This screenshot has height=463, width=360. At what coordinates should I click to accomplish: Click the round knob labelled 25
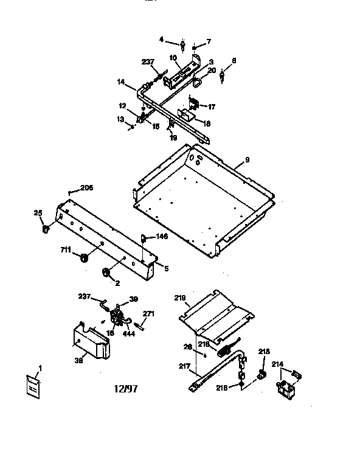pos(46,230)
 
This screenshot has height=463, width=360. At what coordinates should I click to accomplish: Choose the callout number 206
pos(86,189)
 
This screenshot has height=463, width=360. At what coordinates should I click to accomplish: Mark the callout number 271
pos(148,314)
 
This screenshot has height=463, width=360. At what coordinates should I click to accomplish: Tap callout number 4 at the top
pos(162,40)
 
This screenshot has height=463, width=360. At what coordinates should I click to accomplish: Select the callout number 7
pos(208,41)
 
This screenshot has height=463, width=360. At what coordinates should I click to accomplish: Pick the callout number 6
pos(234,61)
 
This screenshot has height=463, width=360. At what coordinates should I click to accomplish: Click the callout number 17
pos(212,107)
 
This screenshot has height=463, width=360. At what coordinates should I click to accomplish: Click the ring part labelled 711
pos(85,259)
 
